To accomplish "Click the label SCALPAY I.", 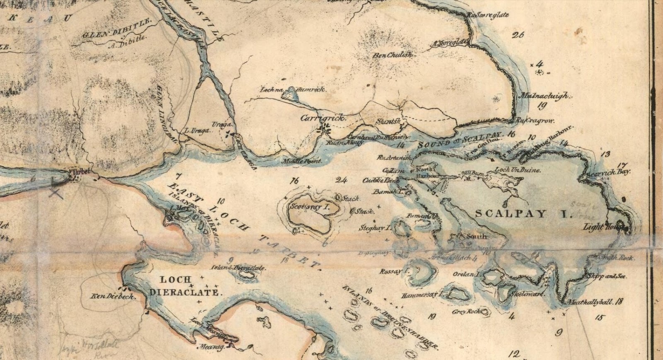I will click(x=523, y=214).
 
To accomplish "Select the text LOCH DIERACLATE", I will click(x=183, y=286).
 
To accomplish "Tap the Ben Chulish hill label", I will click(x=392, y=55).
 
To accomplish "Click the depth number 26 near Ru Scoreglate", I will click(x=518, y=35).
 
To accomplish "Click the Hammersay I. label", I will click(x=422, y=295).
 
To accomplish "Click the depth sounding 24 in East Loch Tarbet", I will click(x=342, y=180).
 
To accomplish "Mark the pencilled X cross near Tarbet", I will click(x=56, y=192).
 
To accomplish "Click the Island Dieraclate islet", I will click(x=247, y=275).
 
